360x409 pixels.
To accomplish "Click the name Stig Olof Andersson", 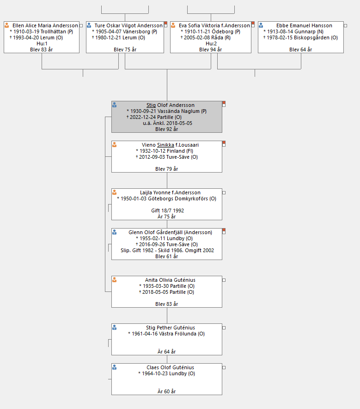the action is click(x=171, y=105).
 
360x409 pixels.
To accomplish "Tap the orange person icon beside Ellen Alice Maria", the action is click(x=7, y=25).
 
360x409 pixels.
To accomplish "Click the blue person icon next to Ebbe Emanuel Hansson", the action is click(x=261, y=25).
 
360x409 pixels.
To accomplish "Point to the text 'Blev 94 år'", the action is click(x=210, y=50).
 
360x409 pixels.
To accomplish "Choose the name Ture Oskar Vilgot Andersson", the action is click(x=128, y=25).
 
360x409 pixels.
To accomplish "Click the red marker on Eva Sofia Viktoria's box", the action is click(x=253, y=23).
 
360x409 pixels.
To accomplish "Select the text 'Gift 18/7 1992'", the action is click(x=167, y=211).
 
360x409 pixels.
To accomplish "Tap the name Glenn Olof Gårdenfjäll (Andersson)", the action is click(x=170, y=232).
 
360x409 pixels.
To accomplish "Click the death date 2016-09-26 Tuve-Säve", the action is click(x=167, y=244).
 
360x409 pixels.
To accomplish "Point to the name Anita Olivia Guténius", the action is click(x=170, y=280).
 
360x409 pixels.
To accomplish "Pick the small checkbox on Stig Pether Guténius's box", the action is click(x=224, y=328).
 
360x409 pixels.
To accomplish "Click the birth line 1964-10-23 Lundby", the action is click(x=166, y=373).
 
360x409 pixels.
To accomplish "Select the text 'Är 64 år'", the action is click(x=166, y=352).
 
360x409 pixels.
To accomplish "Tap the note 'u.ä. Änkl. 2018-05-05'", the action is click(x=167, y=123).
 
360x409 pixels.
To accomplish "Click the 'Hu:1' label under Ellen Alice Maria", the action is click(x=42, y=43).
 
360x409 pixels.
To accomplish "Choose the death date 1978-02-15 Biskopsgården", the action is click(x=300, y=37).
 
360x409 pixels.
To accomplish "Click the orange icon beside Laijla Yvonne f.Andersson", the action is click(x=114, y=192).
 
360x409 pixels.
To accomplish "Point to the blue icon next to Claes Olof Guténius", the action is click(x=114, y=367).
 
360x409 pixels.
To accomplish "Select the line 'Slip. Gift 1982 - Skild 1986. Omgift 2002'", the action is click(x=167, y=250).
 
